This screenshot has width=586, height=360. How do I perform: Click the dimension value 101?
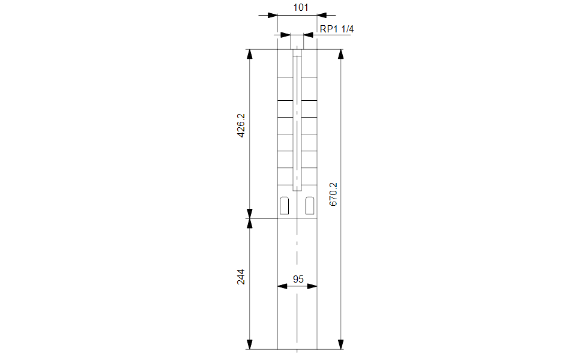tap(300, 7)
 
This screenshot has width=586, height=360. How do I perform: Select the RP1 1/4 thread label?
tap(336, 29)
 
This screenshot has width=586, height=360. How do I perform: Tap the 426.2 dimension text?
tap(241, 125)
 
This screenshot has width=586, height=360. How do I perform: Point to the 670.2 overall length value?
tap(333, 194)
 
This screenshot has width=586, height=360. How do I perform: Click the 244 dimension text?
tap(241, 277)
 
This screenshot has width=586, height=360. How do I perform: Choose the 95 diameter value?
tap(298, 279)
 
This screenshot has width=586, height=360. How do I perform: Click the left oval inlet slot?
tap(285, 205)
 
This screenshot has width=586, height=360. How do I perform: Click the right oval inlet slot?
tap(310, 205)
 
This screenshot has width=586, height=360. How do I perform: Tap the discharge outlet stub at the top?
tap(297, 42)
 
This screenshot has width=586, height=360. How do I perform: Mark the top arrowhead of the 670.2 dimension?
tap(340, 54)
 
